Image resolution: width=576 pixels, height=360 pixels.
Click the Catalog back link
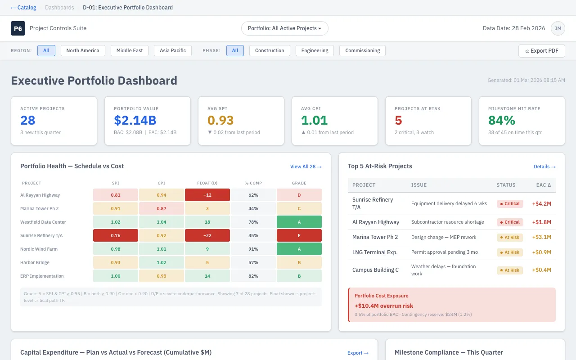tap(23, 8)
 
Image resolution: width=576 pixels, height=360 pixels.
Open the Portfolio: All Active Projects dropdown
tap(284, 28)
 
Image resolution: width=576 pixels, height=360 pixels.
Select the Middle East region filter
tap(130, 50)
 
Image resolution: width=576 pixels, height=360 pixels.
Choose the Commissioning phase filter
tap(362, 50)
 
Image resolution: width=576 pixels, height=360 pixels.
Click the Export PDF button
tap(541, 51)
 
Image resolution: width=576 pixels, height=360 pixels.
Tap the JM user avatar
tap(558, 28)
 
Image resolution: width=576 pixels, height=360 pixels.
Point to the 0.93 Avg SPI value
tap(220, 120)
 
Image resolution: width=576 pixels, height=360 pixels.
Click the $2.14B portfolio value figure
tap(135, 120)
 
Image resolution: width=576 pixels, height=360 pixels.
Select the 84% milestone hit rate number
tap(502, 120)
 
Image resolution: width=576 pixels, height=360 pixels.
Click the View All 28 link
tap(306, 166)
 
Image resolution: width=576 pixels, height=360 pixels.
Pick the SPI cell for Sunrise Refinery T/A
tap(115, 235)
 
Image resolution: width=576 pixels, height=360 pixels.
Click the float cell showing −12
tap(207, 195)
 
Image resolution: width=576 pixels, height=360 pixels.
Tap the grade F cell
tap(299, 235)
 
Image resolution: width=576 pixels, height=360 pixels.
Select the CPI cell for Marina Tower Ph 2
tap(161, 208)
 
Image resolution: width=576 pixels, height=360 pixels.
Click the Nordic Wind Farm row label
tap(39, 249)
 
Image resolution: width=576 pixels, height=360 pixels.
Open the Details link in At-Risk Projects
tap(544, 166)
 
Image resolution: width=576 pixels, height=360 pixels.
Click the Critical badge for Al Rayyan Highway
tap(509, 222)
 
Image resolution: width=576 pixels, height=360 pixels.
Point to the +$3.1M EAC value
tap(541, 237)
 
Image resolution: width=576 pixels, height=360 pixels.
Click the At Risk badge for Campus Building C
tap(509, 270)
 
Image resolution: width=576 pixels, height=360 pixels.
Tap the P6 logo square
tap(18, 28)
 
